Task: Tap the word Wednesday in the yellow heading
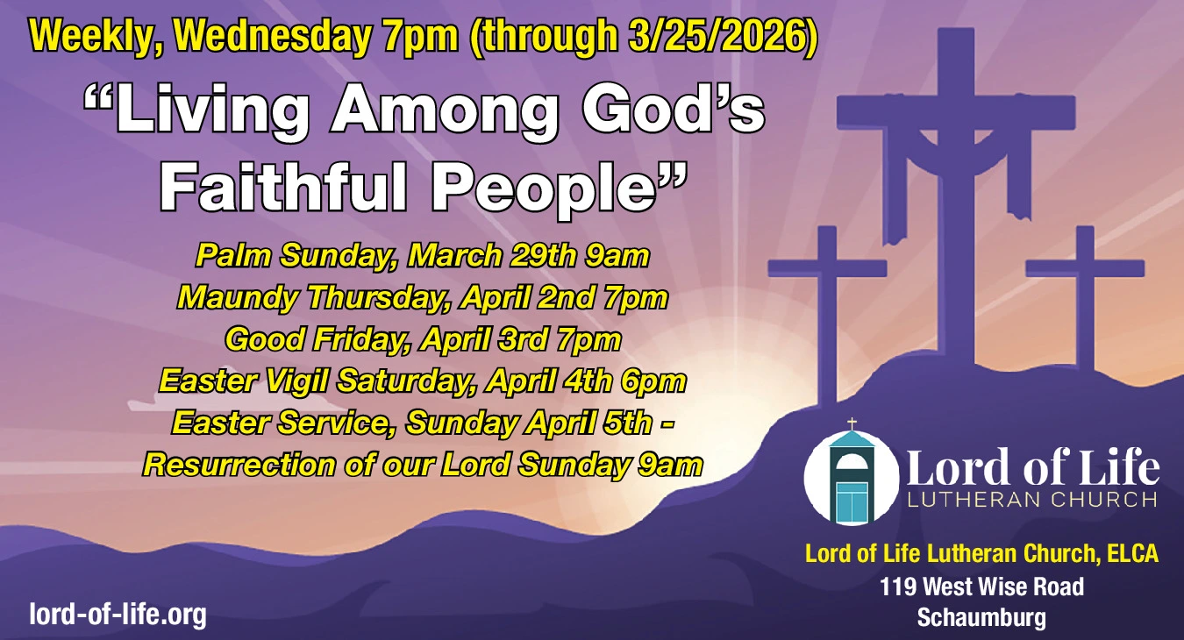(271, 36)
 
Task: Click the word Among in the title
(444, 111)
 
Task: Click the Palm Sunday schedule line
(423, 256)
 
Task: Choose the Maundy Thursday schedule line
(423, 298)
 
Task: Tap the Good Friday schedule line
(423, 340)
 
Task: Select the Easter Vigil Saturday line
(423, 381)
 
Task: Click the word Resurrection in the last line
(239, 465)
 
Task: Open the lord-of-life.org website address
(118, 615)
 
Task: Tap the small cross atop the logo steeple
(852, 423)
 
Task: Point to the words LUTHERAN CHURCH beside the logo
(1031, 500)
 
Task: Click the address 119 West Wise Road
(981, 587)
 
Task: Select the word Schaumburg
(981, 617)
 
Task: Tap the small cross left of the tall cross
(828, 312)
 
